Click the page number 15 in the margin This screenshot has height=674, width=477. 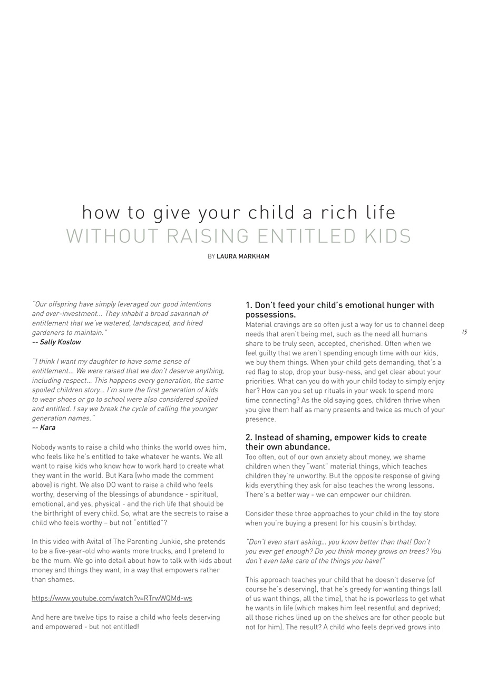pyautogui.click(x=464, y=332)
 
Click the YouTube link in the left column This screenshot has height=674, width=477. pyautogui.click(x=112, y=598)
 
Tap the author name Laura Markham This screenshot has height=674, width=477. pyautogui.click(x=243, y=256)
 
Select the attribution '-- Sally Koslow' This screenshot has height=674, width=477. pyautogui.click(x=56, y=342)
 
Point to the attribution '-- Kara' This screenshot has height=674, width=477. pyautogui.click(x=44, y=428)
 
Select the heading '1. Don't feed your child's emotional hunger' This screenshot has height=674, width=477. pyautogui.click(x=339, y=305)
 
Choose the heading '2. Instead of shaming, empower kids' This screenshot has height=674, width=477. pyautogui.click(x=336, y=438)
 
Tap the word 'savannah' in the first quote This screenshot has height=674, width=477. pyautogui.click(x=190, y=314)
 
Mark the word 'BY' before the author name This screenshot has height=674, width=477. pyautogui.click(x=211, y=256)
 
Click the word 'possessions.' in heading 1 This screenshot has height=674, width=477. pyautogui.click(x=270, y=315)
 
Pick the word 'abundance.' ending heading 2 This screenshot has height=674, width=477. pyautogui.click(x=309, y=447)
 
